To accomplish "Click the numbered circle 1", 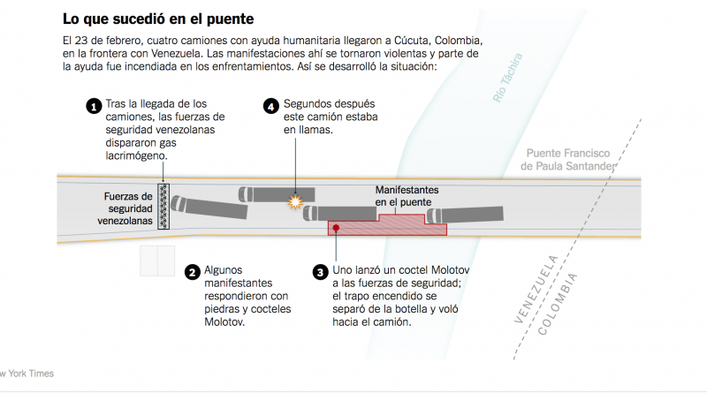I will click(93, 108).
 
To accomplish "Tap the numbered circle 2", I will click(192, 273).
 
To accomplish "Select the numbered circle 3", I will click(321, 273).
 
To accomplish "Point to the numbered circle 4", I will click(272, 108).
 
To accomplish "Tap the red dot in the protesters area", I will click(336, 227).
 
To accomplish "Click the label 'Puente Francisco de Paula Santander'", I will click(569, 158).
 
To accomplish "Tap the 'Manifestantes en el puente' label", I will click(407, 196).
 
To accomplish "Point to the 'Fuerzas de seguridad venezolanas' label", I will click(125, 208).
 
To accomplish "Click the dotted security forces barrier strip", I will click(163, 208).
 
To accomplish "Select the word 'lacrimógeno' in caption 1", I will click(136, 156).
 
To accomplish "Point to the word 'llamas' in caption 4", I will click(317, 130).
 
